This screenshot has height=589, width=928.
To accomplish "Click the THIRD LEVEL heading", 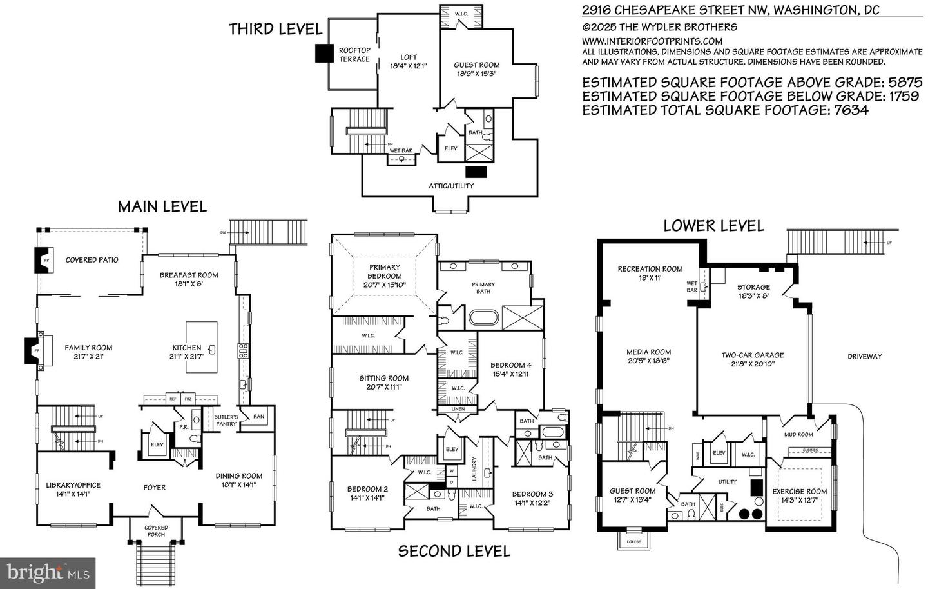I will [x=275, y=29].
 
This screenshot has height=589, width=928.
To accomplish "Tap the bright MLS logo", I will [x=48, y=572].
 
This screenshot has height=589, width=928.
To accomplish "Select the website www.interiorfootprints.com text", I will [x=652, y=41].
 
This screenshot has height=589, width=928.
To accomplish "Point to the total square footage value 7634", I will [x=848, y=110].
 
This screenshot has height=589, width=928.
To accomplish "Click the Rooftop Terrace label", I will [x=354, y=55].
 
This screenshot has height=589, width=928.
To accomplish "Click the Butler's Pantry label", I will [x=226, y=421].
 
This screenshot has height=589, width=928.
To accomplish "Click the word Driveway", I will [x=864, y=357].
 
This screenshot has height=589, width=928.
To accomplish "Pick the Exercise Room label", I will [x=799, y=495].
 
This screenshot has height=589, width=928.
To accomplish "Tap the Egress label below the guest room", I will [x=633, y=541].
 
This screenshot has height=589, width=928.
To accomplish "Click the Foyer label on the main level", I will [x=155, y=488].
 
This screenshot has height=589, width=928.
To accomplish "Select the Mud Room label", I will [x=798, y=434].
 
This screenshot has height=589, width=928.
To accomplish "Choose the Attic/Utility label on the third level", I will [x=451, y=186].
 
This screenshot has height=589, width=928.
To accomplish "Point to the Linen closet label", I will [x=458, y=409].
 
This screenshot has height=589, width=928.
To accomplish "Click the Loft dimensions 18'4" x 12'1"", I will [x=409, y=66].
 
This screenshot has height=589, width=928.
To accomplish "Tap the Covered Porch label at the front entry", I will [x=156, y=531].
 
